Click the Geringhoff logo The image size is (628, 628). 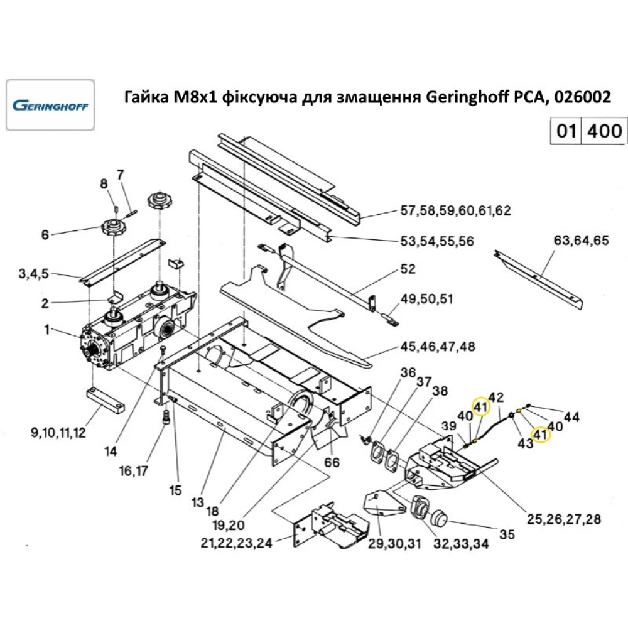[x=50, y=105]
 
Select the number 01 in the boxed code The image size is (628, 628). [x=565, y=131]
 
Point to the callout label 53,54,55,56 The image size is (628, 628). [x=437, y=241]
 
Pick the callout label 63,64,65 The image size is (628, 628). [x=581, y=239]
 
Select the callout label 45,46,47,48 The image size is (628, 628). [x=438, y=347]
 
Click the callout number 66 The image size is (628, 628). [x=332, y=462]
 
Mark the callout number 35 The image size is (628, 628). [x=507, y=534]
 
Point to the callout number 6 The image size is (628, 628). [x=45, y=235]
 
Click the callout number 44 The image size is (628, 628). [x=571, y=416]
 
